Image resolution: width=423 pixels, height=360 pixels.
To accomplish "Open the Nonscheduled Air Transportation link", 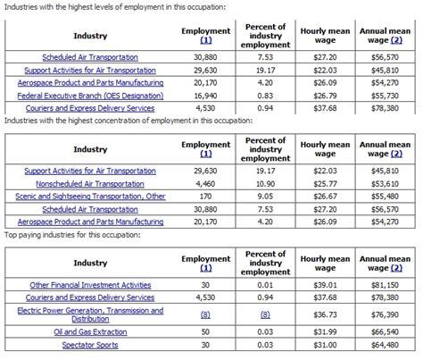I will (90, 183).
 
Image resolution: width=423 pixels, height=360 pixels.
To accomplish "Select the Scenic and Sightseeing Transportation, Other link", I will (90, 196).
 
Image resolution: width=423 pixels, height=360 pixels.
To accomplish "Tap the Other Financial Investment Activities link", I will (90, 285).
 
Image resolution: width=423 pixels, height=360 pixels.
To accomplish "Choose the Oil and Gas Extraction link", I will (90, 330).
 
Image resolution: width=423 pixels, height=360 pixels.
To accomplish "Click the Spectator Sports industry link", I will (90, 343).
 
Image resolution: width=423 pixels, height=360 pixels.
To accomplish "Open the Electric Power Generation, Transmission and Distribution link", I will (90, 314).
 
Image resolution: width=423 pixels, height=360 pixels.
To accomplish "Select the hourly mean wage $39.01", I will (324, 285).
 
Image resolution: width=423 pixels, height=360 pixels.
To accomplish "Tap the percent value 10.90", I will (264, 183).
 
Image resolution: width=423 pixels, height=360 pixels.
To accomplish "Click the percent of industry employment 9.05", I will (264, 196).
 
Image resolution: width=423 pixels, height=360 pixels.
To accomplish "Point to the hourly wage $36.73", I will (324, 314).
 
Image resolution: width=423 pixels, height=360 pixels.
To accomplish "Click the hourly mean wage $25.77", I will (324, 183).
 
